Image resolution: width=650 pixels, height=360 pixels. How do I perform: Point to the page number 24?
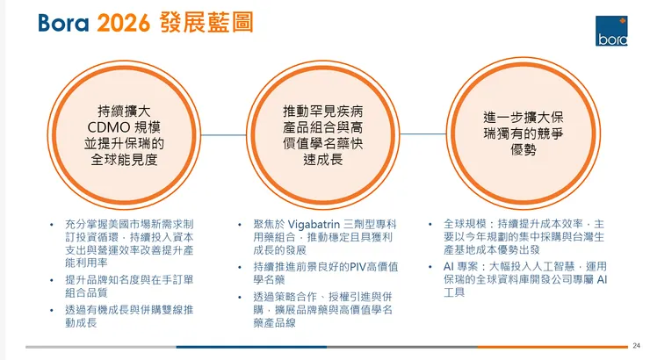click(x=636, y=346)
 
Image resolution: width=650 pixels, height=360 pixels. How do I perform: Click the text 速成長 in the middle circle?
click(x=321, y=160)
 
